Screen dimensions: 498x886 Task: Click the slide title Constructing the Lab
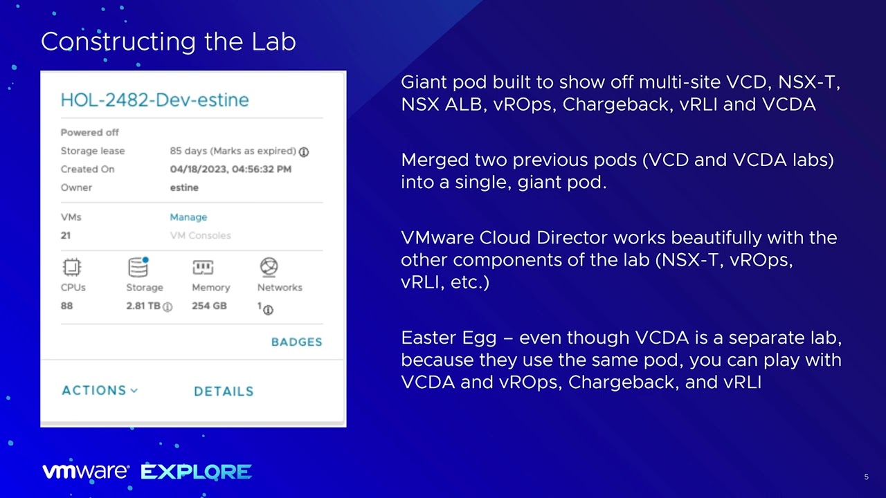pyautogui.click(x=168, y=41)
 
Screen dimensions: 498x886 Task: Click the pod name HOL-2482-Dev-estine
pyautogui.click(x=154, y=100)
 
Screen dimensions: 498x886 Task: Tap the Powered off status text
pyautogui.click(x=90, y=132)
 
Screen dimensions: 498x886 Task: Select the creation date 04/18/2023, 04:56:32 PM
pyautogui.click(x=230, y=169)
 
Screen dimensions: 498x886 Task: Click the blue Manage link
pyautogui.click(x=188, y=217)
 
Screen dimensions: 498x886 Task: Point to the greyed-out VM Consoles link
pyautogui.click(x=200, y=235)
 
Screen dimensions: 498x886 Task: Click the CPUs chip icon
pyautogui.click(x=72, y=267)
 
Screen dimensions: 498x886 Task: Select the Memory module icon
pyautogui.click(x=203, y=267)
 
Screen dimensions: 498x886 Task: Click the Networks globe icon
pyautogui.click(x=269, y=267)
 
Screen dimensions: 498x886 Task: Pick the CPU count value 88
pyautogui.click(x=66, y=305)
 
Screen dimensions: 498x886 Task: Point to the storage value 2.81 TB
pyautogui.click(x=143, y=306)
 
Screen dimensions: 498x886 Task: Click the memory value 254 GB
pyautogui.click(x=209, y=305)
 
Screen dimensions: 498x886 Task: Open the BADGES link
pyautogui.click(x=296, y=342)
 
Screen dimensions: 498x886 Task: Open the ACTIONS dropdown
pyautogui.click(x=100, y=390)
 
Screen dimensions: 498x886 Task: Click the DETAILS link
pyautogui.click(x=224, y=391)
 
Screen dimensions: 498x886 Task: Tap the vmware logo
pyautogui.click(x=86, y=472)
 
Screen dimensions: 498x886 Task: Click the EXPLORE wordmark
pyautogui.click(x=196, y=472)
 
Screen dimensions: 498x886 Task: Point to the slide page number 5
pyautogui.click(x=866, y=477)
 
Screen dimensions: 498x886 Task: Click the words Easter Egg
pyautogui.click(x=448, y=338)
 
